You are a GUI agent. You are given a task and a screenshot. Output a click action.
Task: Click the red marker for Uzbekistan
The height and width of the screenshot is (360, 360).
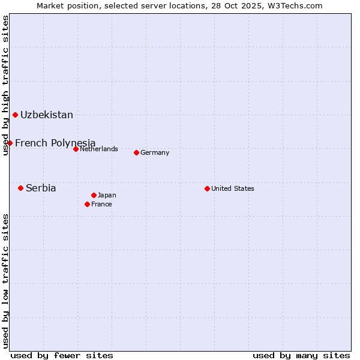(x=15, y=115)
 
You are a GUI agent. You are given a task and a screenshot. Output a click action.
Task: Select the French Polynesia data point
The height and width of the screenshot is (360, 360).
(x=10, y=143)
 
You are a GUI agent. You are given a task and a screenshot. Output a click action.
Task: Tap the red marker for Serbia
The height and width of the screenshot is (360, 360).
(x=20, y=188)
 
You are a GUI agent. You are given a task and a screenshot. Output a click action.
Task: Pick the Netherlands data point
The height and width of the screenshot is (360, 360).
(x=76, y=149)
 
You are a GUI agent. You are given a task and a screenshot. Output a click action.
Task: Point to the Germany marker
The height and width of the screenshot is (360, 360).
(x=136, y=152)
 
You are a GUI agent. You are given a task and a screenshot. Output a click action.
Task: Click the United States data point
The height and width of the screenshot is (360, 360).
(x=207, y=188)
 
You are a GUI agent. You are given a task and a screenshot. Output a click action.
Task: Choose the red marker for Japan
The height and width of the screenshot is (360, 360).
(x=94, y=195)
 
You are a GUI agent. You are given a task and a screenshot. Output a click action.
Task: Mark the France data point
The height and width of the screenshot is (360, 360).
(x=87, y=204)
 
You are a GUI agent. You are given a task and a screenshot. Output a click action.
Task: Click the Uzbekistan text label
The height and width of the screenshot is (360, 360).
(x=47, y=115)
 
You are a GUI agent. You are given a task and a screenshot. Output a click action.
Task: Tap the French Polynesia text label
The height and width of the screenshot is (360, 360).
(x=55, y=143)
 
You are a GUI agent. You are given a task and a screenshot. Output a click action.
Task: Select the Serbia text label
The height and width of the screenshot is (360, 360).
(x=41, y=188)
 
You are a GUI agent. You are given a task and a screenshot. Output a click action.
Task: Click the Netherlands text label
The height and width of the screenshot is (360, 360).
(x=99, y=149)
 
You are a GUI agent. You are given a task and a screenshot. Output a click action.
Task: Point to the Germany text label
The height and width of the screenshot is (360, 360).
(x=155, y=152)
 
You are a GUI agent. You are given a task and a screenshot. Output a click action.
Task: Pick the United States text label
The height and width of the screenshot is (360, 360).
(x=233, y=188)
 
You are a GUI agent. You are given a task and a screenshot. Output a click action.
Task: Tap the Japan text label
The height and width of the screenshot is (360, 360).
(x=107, y=195)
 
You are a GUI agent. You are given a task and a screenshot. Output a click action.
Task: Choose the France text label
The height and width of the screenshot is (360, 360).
(x=101, y=204)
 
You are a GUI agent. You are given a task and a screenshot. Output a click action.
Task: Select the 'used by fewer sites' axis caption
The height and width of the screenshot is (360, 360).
(x=62, y=355)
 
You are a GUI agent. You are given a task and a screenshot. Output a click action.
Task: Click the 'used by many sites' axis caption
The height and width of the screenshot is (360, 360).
(x=301, y=355)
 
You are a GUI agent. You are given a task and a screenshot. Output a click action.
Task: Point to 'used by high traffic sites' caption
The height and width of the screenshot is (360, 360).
(x=5, y=85)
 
